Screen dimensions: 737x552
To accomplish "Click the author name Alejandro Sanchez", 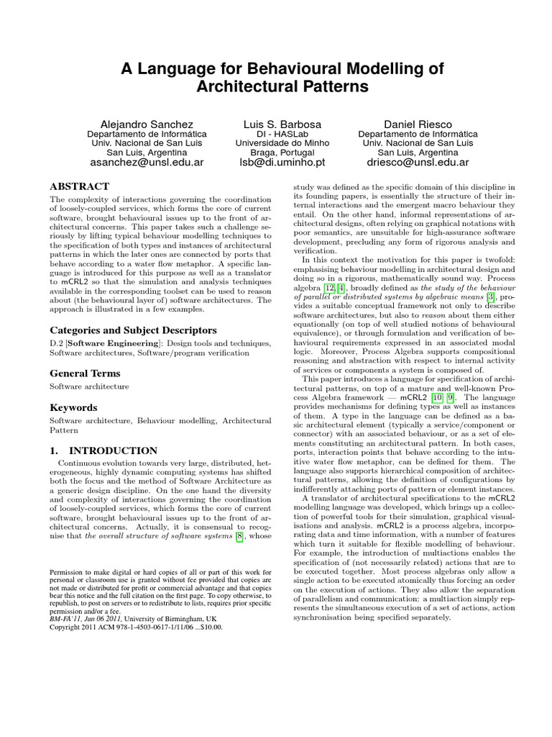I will pyautogui.click(x=147, y=125).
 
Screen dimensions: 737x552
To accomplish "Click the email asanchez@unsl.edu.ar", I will pyautogui.click(x=147, y=163).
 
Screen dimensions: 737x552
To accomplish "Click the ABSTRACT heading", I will pyautogui.click(x=79, y=186).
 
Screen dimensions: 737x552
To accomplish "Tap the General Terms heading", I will pyautogui.click(x=85, y=374).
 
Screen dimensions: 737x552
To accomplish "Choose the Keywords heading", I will pyautogui.click(x=74, y=407).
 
